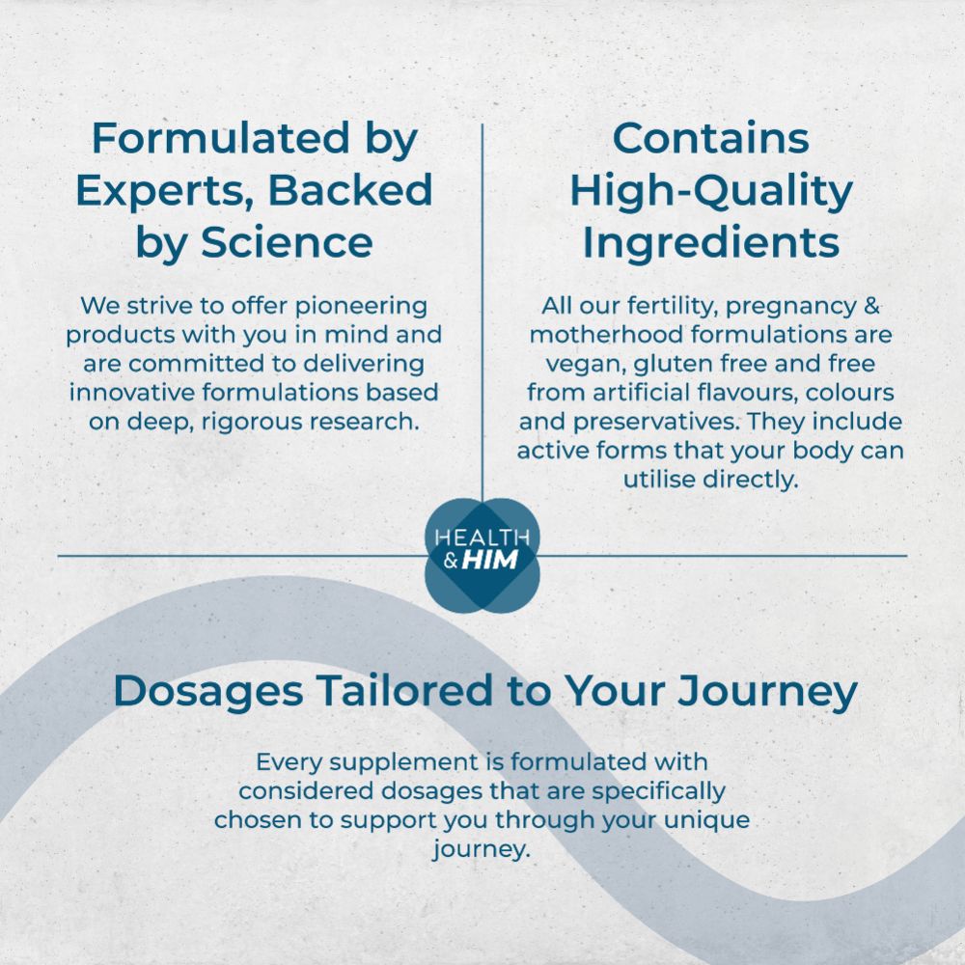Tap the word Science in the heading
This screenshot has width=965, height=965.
pos(287,242)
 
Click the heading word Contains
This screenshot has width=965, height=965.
pos(711,139)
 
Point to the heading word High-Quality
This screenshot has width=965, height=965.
pos(711,191)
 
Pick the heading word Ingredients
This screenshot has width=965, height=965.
pos(711,242)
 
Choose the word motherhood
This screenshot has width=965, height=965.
pos(596,335)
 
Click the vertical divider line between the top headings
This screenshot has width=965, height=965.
pos(482,289)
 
